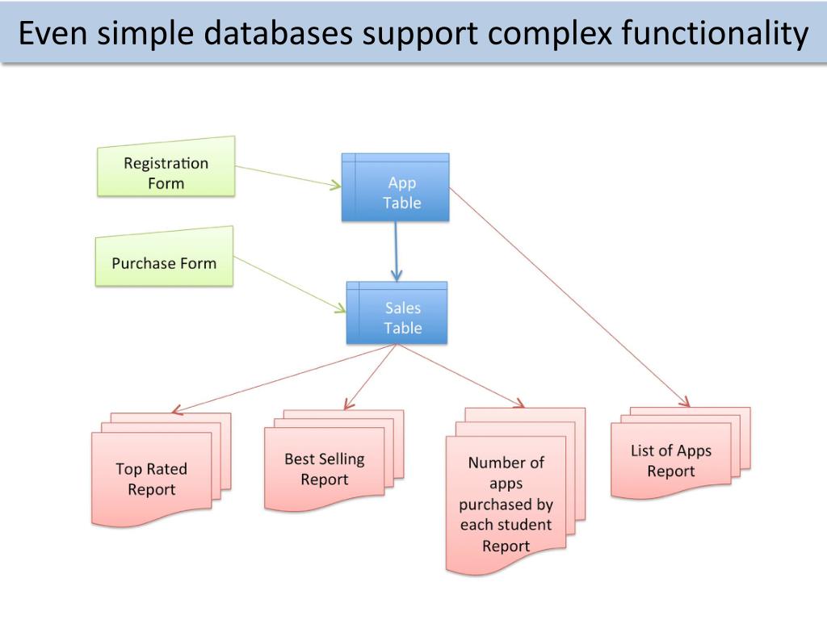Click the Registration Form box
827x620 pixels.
pos(166,169)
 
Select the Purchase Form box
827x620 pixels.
pos(164,258)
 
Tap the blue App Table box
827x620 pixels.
pos(396,187)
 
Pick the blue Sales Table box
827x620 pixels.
pos(397,312)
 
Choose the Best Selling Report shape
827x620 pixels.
pos(334,461)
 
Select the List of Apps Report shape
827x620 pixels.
pos(680,453)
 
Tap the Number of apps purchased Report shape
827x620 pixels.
pos(515,490)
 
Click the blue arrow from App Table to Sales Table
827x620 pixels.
pos(396,251)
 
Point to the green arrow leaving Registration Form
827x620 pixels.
pos(288,177)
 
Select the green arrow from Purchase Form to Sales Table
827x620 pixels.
pos(290,284)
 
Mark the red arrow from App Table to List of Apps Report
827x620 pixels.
pos(569,297)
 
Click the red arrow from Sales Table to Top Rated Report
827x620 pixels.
pos(283,379)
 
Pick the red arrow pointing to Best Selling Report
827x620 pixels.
pos(370,377)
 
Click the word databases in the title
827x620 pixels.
pos(278,32)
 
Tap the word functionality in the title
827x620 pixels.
pos(715,34)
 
